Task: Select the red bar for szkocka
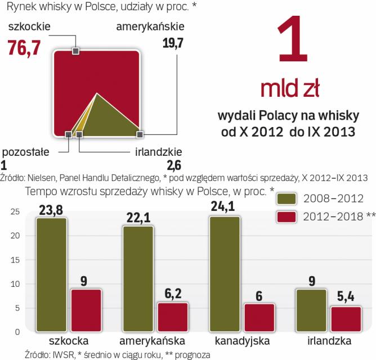pyautogui.click(x=86, y=310)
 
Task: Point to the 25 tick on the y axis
pyautogui.click(x=15, y=211)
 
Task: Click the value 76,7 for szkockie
pyautogui.click(x=23, y=48)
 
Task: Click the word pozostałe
pyautogui.click(x=26, y=152)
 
